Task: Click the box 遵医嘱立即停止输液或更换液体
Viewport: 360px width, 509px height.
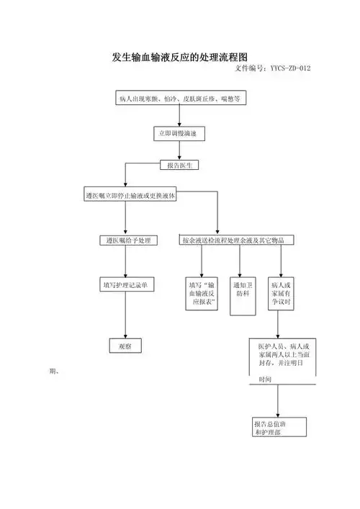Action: [131, 196]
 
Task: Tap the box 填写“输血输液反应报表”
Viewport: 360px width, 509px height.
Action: [202, 294]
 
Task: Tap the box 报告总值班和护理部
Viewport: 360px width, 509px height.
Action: [279, 428]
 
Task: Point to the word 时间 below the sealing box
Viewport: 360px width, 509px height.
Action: [265, 379]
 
